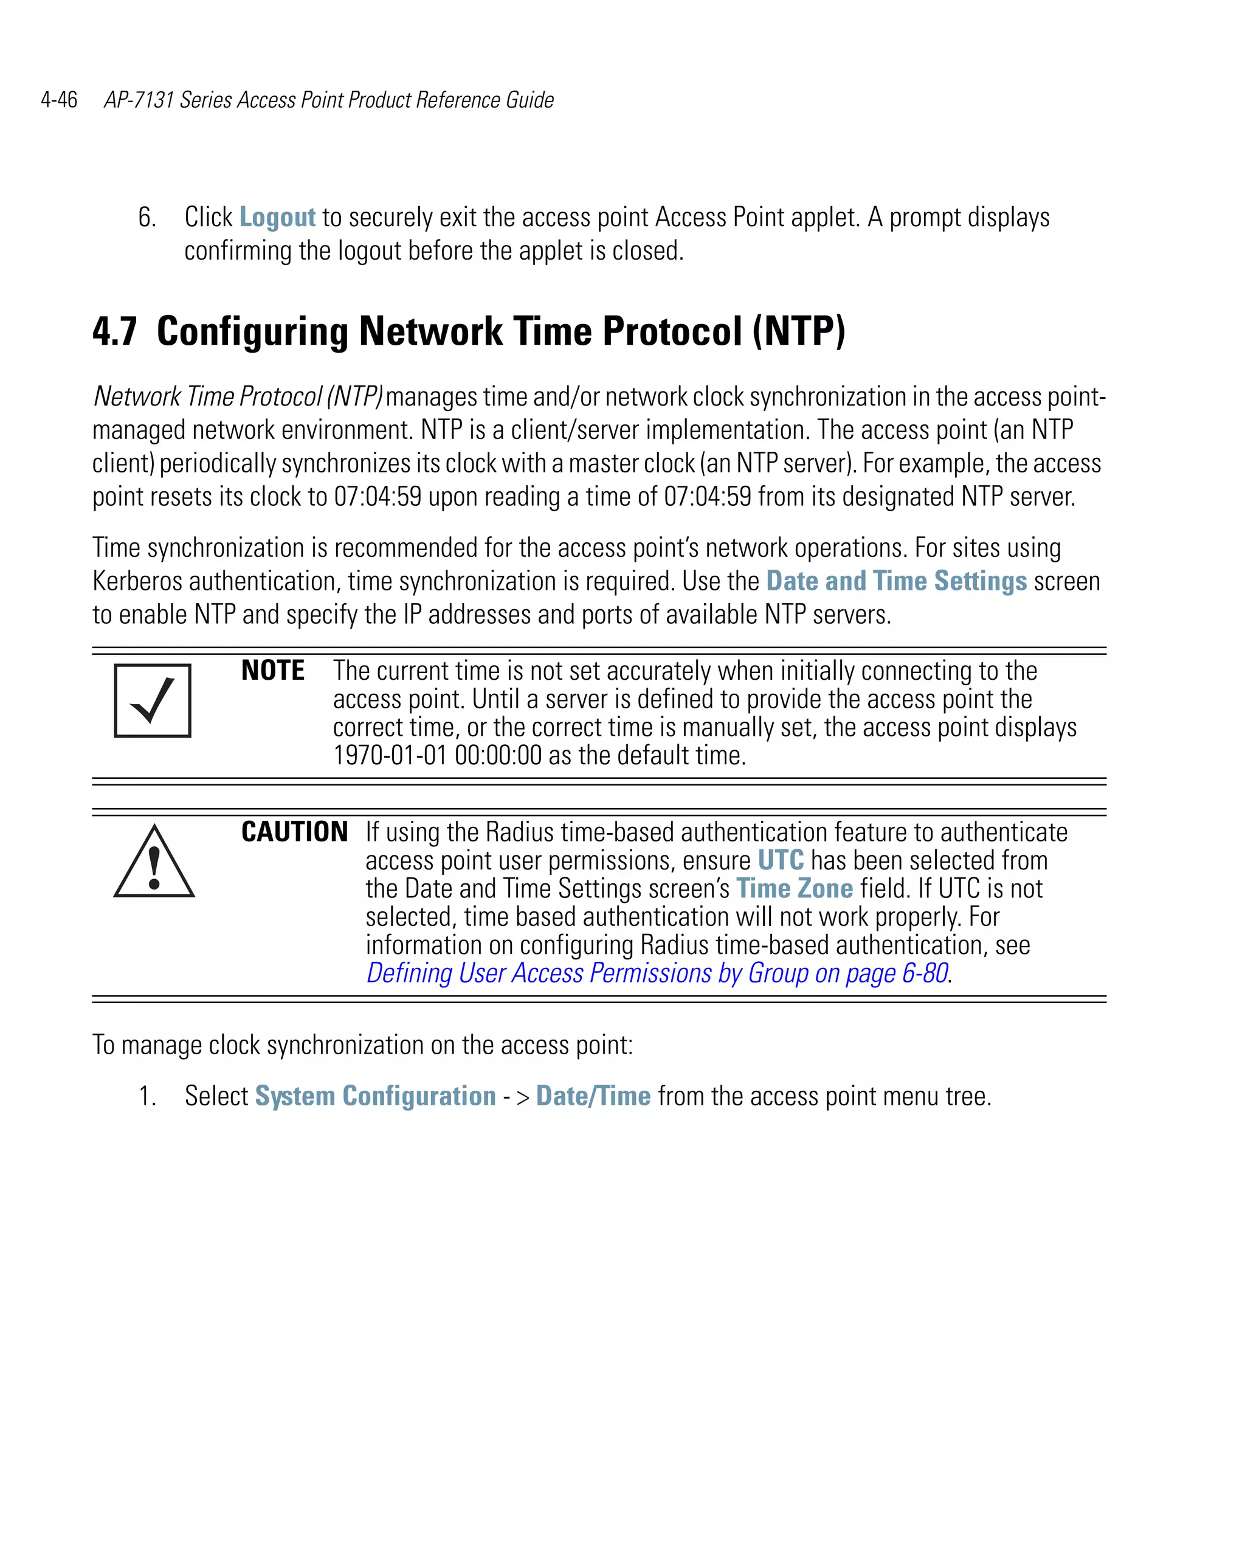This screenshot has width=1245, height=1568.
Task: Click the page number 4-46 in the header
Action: click(x=59, y=100)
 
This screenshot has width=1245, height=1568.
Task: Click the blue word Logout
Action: click(x=277, y=218)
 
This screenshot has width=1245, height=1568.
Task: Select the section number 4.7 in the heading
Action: click(x=115, y=331)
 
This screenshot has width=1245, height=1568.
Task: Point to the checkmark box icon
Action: click(x=153, y=700)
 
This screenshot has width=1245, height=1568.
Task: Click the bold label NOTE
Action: click(x=273, y=671)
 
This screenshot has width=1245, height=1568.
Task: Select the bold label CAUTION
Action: click(x=294, y=832)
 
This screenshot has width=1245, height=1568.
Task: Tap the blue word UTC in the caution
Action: click(x=781, y=860)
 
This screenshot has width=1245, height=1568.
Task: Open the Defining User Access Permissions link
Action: click(x=657, y=973)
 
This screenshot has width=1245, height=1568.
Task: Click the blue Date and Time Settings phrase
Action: click(x=896, y=581)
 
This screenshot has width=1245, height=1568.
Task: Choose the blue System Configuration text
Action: click(x=375, y=1096)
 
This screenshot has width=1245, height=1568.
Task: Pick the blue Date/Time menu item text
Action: click(x=593, y=1096)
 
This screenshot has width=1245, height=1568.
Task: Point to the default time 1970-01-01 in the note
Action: click(x=390, y=756)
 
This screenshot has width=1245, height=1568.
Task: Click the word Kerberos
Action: click(x=137, y=581)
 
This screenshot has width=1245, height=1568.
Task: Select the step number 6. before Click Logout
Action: click(x=147, y=218)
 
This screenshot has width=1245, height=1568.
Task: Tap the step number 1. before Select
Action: click(x=147, y=1096)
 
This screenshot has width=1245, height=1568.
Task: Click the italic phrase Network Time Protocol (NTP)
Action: click(x=238, y=397)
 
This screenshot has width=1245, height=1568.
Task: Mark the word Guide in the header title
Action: click(x=529, y=100)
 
